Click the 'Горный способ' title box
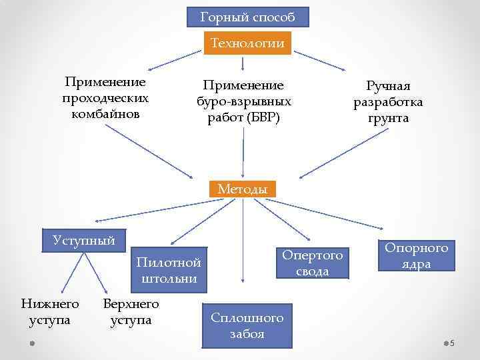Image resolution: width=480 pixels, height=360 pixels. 247,17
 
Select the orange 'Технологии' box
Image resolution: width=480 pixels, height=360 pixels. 247,44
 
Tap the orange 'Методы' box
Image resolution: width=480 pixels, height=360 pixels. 243,189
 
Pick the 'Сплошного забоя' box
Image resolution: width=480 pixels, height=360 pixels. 247,326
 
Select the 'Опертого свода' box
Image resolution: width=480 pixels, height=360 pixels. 313,263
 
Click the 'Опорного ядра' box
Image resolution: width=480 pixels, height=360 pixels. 416,256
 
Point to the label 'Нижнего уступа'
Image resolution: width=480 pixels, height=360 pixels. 50,312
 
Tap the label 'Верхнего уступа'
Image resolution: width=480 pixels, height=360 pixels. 131,312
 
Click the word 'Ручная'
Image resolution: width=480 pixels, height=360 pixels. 388,87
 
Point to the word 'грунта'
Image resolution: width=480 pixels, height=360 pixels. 388,119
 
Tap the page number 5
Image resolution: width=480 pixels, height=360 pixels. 452,343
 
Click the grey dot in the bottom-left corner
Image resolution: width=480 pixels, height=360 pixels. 31,343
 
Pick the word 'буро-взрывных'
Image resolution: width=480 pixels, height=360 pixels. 243,102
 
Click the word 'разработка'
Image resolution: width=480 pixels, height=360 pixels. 388,103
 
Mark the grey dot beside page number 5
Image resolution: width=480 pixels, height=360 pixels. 445,343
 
